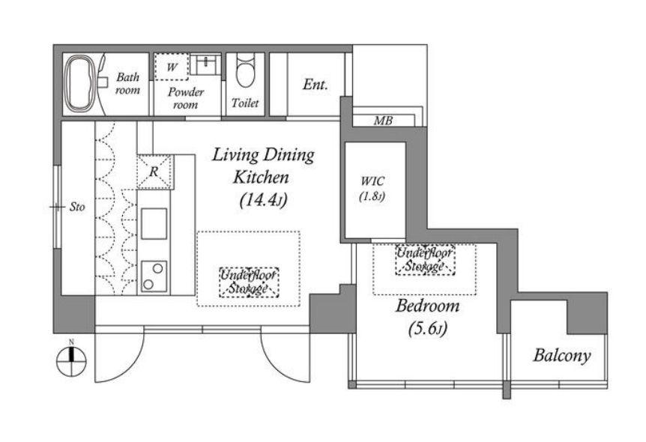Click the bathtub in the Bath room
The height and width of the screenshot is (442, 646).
[82, 84]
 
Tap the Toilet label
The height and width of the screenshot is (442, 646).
[245, 103]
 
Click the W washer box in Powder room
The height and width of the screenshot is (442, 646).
[172, 67]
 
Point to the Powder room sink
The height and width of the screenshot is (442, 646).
[205, 64]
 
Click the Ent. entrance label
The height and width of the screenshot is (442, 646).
[316, 85]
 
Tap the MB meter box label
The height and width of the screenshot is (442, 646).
[383, 121]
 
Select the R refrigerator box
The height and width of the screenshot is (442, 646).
[154, 172]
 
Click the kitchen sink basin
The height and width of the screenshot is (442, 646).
[154, 224]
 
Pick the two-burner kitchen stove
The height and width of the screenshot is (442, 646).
[154, 276]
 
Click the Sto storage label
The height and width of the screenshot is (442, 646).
[77, 207]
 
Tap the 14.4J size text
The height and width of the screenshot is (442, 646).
[263, 200]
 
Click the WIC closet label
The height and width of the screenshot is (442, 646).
[373, 181]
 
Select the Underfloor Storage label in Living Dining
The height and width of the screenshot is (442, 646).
[249, 282]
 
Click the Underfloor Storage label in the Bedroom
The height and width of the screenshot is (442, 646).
[425, 259]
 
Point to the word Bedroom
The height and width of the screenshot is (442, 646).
[427, 306]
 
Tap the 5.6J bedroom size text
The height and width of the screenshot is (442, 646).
[427, 329]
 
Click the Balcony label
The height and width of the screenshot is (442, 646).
[562, 356]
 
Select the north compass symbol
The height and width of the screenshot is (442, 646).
[71, 360]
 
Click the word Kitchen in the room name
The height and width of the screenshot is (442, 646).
[262, 178]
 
